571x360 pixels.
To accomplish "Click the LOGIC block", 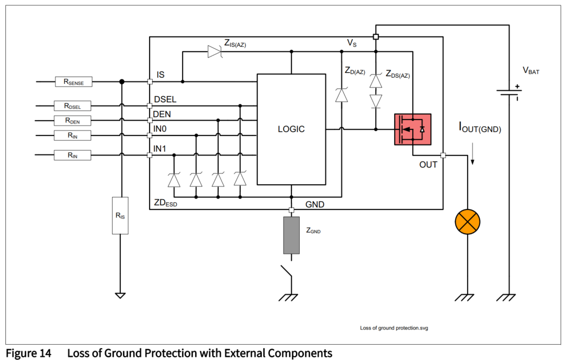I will click(x=291, y=129).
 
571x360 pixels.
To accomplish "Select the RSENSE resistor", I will click(x=74, y=82).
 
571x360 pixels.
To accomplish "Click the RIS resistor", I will click(x=120, y=215).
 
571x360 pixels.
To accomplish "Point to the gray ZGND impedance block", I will click(x=291, y=235).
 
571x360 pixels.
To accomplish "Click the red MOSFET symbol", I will click(x=412, y=129).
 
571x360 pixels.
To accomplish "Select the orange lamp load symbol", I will click(x=468, y=221).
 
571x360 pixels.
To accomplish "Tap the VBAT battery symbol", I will click(x=509, y=92).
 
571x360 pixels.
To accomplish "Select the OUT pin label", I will click(x=428, y=164).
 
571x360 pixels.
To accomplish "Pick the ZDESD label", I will click(x=165, y=203).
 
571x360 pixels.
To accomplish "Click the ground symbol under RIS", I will click(x=120, y=295).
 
